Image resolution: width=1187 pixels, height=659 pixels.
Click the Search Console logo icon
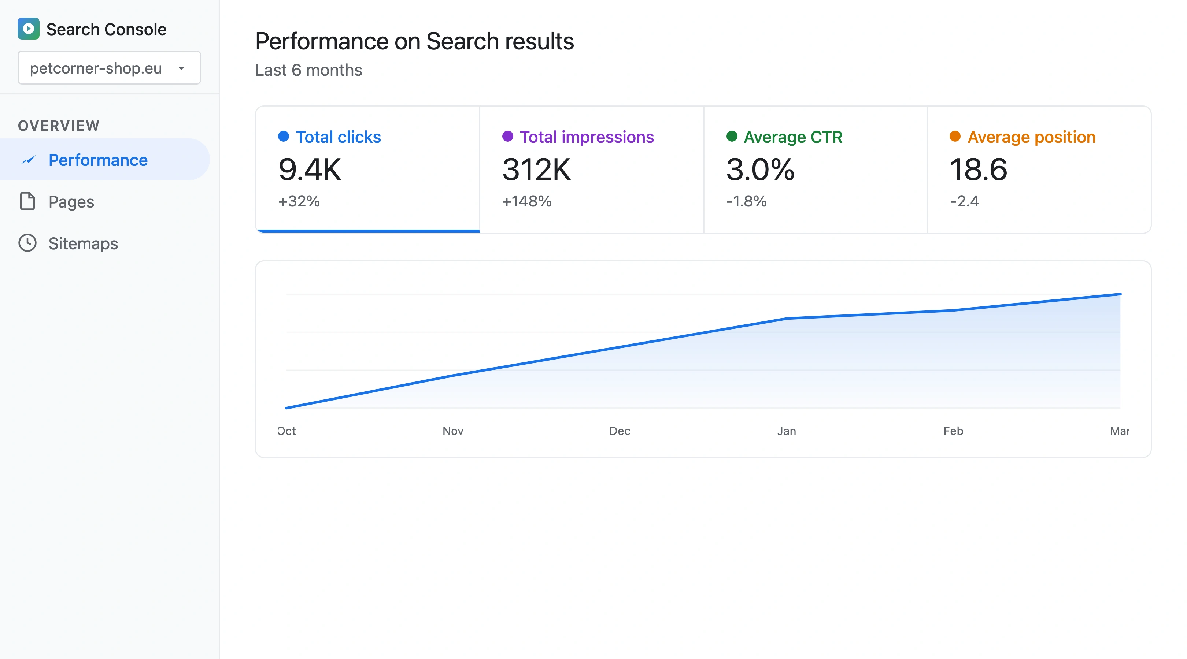click(x=29, y=29)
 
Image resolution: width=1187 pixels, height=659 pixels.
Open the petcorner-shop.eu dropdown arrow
click(x=181, y=68)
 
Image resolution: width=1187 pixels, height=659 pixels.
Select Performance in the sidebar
click(x=98, y=160)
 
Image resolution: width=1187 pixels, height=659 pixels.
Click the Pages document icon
click(x=27, y=201)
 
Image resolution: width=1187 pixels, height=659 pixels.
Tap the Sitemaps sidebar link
click(x=83, y=243)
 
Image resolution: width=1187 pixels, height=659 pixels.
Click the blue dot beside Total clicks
click(x=284, y=136)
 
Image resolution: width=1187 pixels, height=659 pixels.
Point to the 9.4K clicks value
click(x=310, y=170)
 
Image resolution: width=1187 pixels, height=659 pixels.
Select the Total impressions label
click(x=586, y=137)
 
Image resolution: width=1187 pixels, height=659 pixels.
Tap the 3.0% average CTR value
click(x=760, y=170)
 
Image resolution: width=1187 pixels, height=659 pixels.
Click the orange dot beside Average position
click(x=955, y=136)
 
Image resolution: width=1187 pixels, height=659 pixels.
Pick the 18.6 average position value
click(x=978, y=170)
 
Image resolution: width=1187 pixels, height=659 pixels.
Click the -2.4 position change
click(x=964, y=201)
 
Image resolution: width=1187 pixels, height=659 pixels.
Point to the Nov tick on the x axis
click(x=452, y=431)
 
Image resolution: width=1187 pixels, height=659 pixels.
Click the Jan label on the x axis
click(x=786, y=431)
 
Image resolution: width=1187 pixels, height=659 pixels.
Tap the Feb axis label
click(x=953, y=431)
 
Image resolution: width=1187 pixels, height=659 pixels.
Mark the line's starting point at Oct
click(x=286, y=407)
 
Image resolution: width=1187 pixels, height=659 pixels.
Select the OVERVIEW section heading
click(x=59, y=125)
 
